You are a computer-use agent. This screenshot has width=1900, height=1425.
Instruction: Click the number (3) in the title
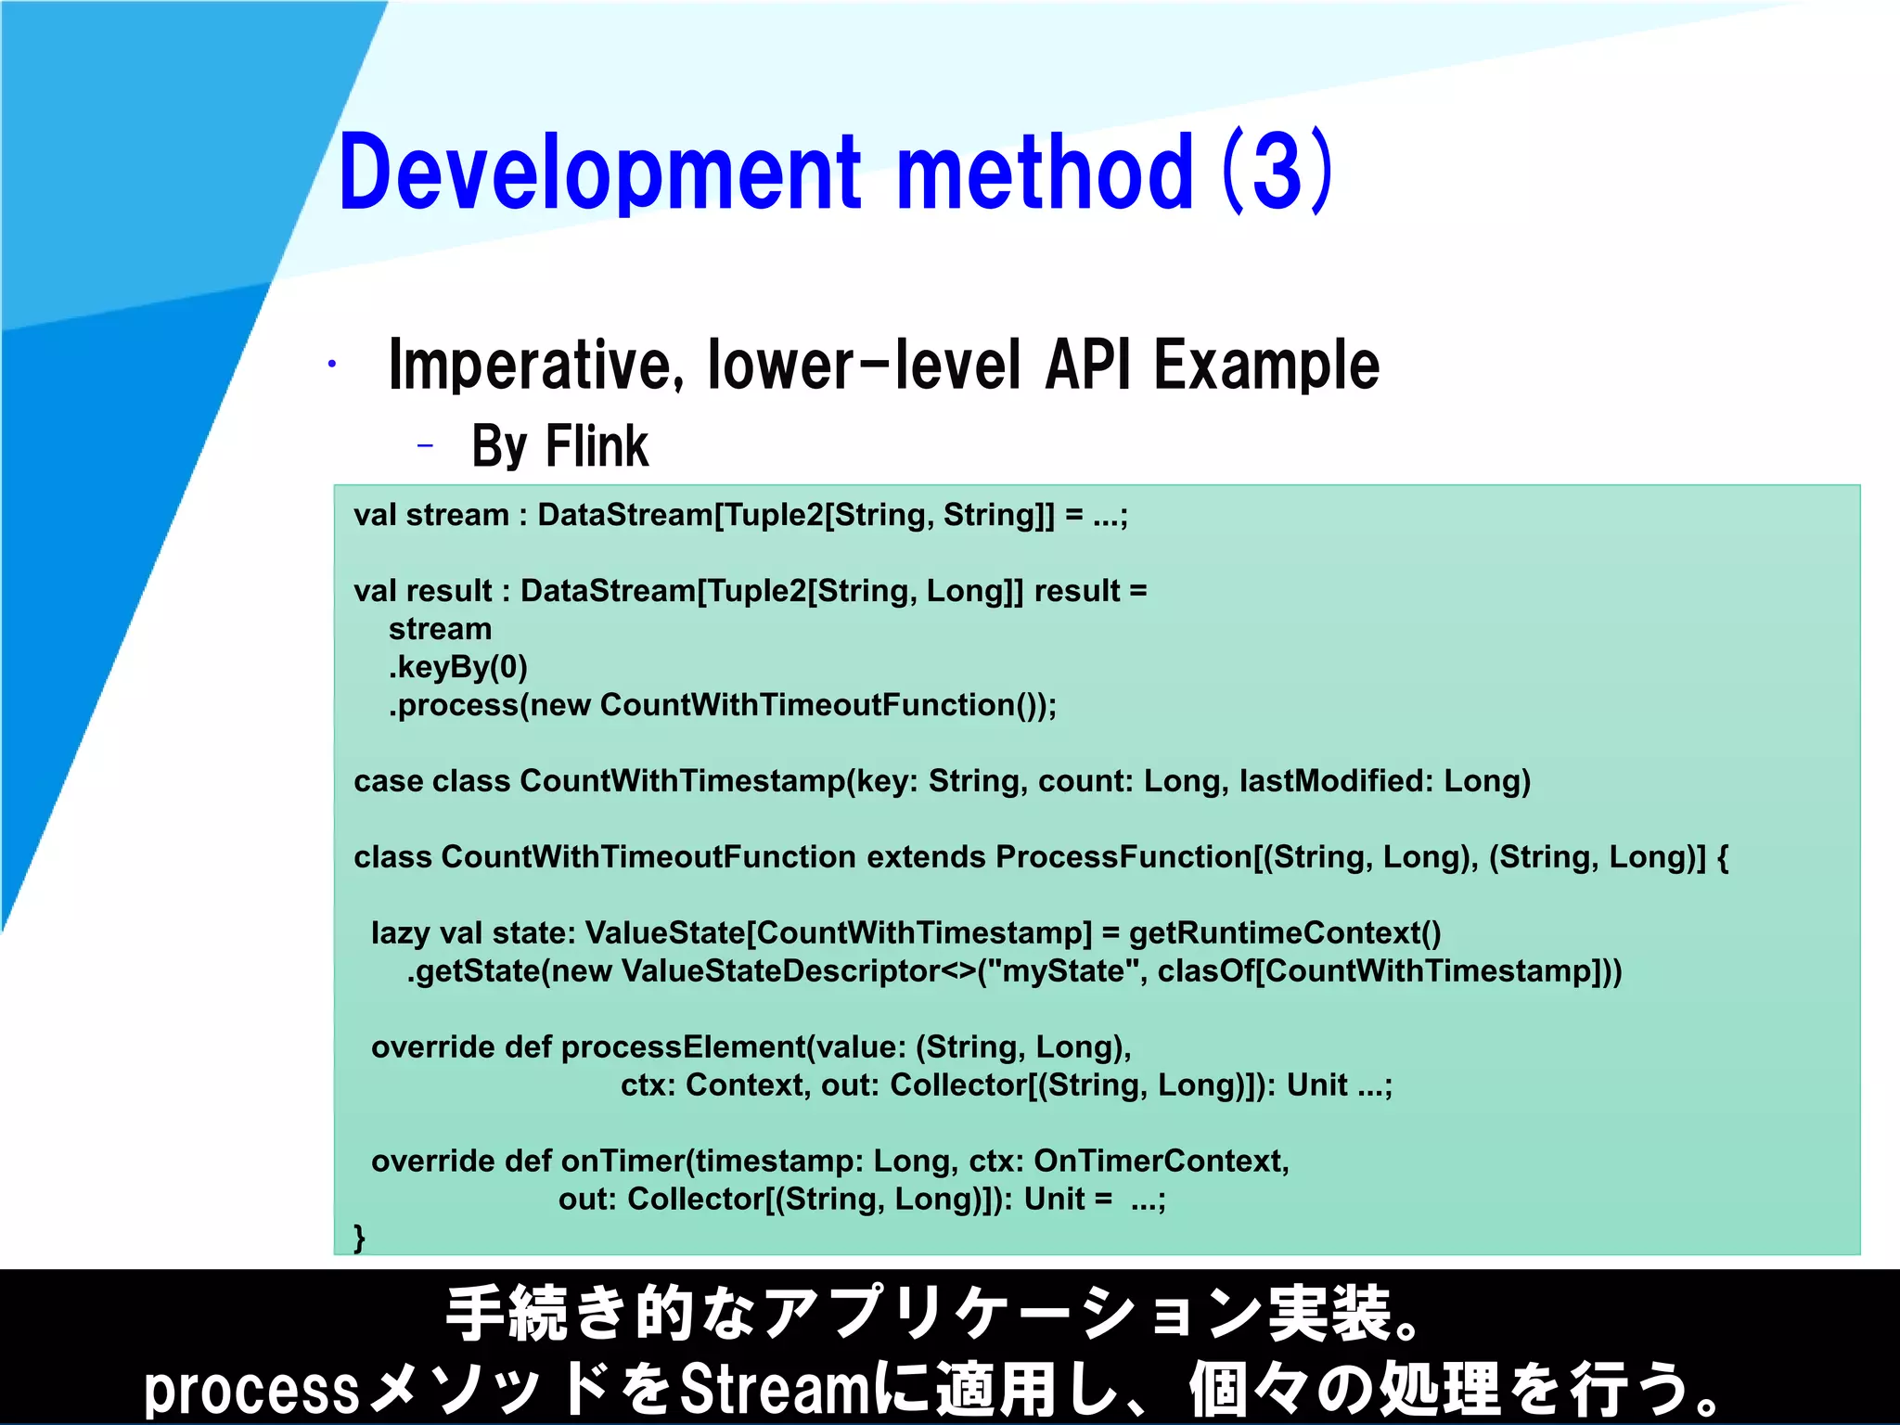(x=1277, y=172)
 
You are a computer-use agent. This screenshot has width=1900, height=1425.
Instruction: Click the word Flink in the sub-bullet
(x=597, y=446)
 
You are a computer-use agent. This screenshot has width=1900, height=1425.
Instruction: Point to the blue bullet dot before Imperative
(x=331, y=365)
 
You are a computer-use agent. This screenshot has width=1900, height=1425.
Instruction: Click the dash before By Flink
(x=425, y=447)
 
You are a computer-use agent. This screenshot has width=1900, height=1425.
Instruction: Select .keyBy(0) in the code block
(x=458, y=667)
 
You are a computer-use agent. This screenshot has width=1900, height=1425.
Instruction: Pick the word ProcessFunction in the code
(x=1123, y=857)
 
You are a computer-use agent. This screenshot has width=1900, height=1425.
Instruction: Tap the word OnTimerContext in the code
(x=1160, y=1162)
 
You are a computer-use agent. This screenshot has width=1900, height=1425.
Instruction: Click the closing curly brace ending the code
(x=359, y=1238)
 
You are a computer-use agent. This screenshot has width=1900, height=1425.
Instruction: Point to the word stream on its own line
(x=440, y=629)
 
